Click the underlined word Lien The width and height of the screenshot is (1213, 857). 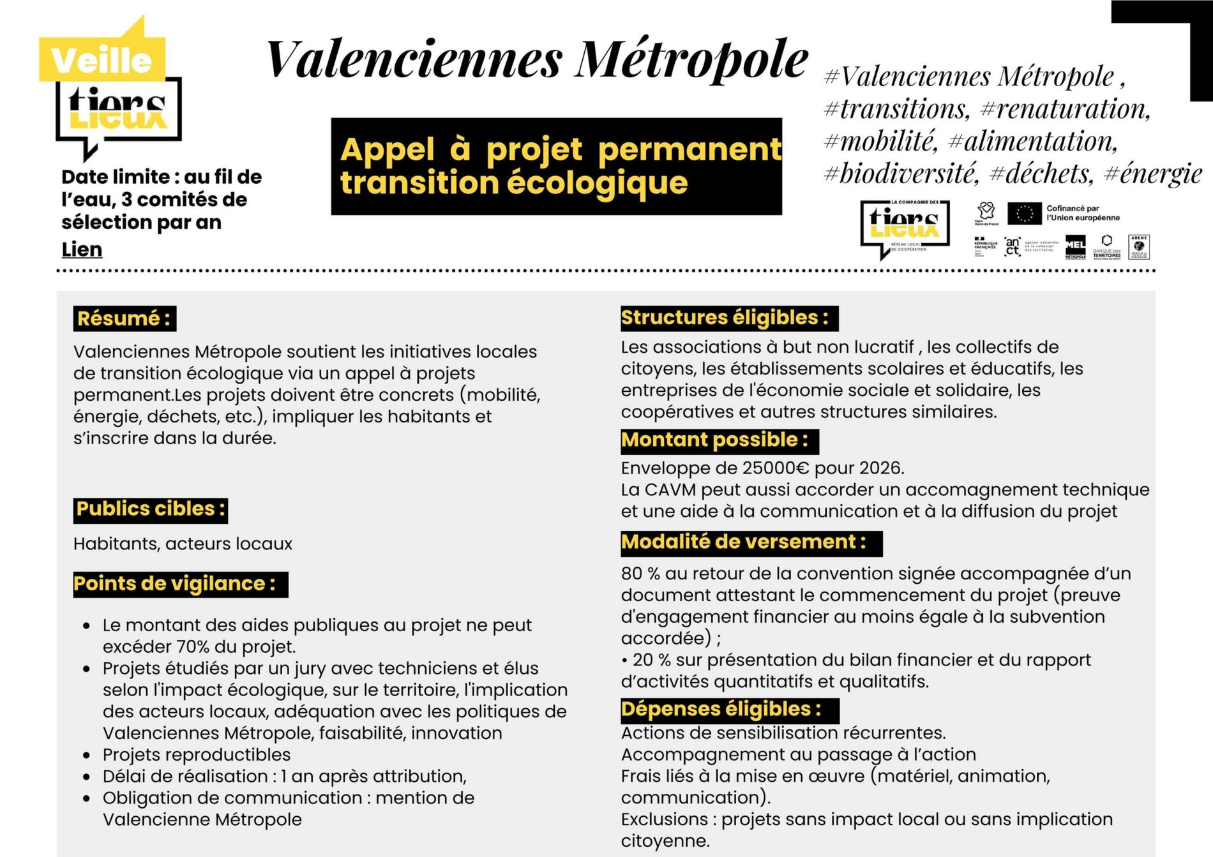82,250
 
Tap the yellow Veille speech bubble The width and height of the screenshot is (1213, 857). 102,59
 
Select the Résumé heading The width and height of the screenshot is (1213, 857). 124,318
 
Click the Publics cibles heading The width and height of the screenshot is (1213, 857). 151,509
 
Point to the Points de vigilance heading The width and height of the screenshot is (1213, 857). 175,584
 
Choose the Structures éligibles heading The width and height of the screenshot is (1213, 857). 725,318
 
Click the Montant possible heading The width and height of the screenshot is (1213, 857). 715,440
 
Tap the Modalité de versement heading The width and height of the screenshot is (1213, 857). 744,542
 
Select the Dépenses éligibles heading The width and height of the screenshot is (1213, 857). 721,709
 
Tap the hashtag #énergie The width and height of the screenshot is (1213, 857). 1153,174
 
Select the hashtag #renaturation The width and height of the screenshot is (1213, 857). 1065,109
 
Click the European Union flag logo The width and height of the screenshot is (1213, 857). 1024,214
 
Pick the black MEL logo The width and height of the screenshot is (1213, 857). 1075,246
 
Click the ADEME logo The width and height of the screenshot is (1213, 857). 1139,246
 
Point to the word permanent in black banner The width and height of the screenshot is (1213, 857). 689,150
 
